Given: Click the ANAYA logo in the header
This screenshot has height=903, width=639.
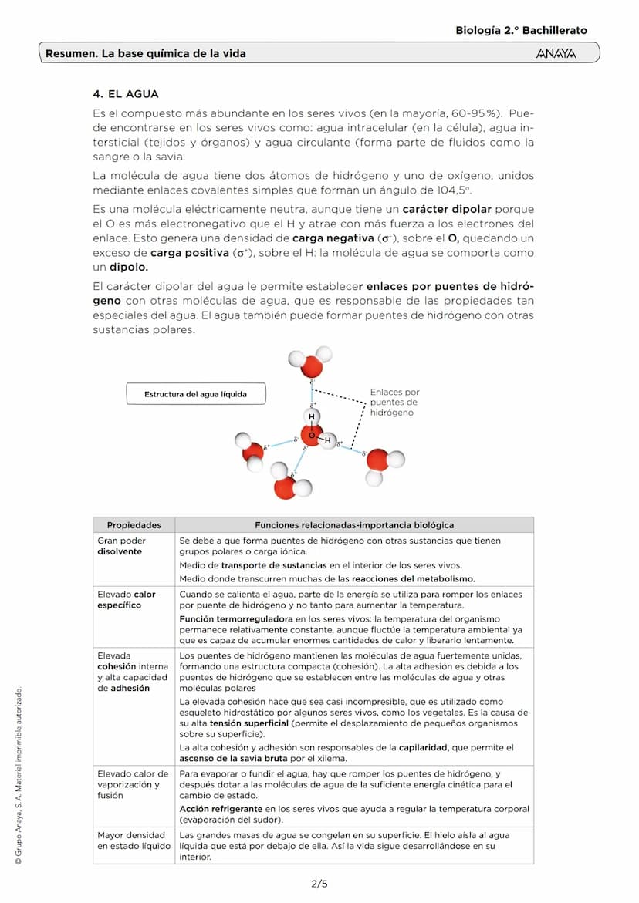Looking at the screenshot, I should (555, 54).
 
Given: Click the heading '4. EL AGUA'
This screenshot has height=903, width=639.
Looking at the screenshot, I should (125, 94).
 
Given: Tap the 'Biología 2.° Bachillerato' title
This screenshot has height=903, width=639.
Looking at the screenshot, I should (521, 31).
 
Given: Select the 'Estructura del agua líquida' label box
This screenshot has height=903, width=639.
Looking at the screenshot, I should (195, 394).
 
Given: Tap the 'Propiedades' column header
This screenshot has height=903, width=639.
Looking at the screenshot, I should (134, 525).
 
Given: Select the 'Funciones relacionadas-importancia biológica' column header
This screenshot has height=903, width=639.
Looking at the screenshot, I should (354, 525).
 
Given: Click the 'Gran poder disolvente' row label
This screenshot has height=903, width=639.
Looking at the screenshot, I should (121, 546).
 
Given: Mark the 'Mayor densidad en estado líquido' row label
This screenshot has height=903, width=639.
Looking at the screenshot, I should (131, 840).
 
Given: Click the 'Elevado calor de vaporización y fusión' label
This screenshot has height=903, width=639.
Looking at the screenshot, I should (133, 784).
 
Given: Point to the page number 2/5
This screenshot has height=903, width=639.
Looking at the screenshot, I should (319, 884).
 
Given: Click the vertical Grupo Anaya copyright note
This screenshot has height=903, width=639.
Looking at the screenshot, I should (18, 775).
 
